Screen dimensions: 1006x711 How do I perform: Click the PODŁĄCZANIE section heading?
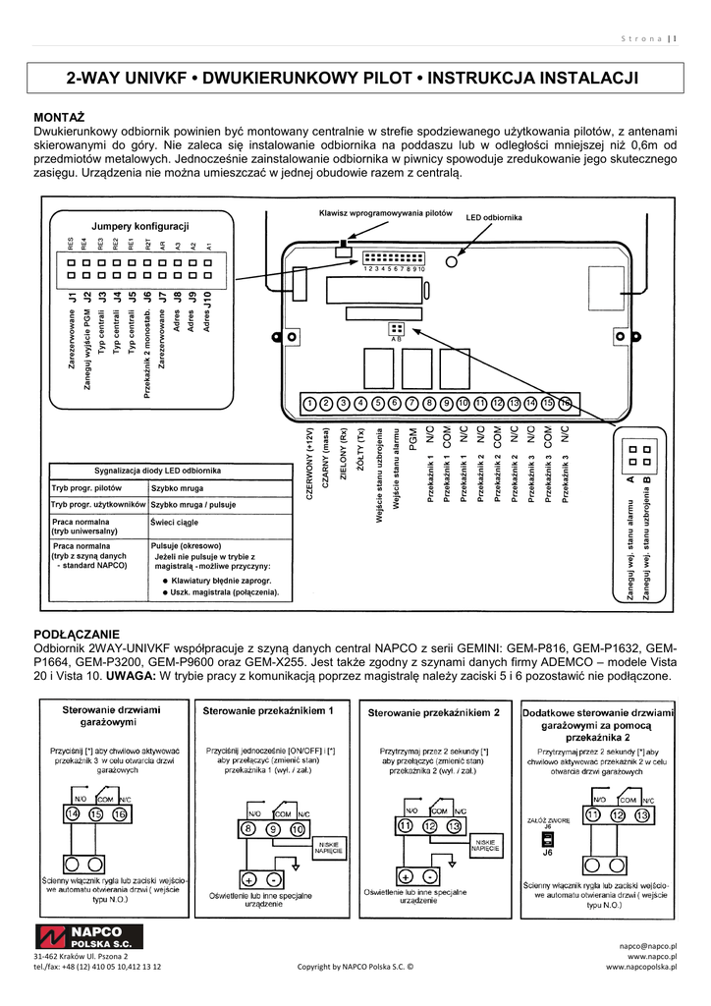pyautogui.click(x=76, y=634)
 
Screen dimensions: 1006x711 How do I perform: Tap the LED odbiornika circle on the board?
pyautogui.click(x=453, y=262)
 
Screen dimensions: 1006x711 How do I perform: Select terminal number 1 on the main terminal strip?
pyautogui.click(x=309, y=403)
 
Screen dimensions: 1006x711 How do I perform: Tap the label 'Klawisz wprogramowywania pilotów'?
pyautogui.click(x=385, y=213)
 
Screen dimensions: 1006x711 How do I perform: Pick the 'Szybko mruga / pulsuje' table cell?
pyautogui.click(x=193, y=504)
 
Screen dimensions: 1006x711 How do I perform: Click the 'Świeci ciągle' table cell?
pyautogui.click(x=175, y=523)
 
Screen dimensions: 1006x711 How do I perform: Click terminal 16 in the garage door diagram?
pyautogui.click(x=120, y=813)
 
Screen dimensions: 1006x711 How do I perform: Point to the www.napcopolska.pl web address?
pyautogui.click(x=643, y=967)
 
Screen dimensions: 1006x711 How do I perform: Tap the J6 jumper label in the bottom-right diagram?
pyautogui.click(x=547, y=854)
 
